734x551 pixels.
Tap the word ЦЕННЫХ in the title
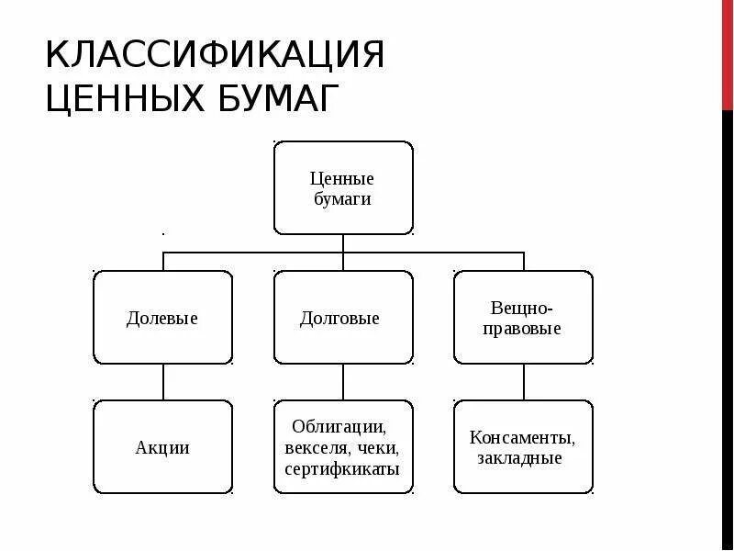pyautogui.click(x=117, y=99)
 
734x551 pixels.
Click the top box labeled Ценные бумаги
pyautogui.click(x=343, y=187)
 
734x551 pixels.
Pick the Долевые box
pyautogui.click(x=163, y=318)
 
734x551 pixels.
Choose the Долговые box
pyautogui.click(x=343, y=318)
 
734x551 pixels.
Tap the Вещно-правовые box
pyautogui.click(x=523, y=318)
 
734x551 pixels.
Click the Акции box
pyautogui.click(x=163, y=447)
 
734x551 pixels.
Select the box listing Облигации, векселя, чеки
pyautogui.click(x=343, y=447)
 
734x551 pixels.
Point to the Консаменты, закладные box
pyautogui.click(x=523, y=447)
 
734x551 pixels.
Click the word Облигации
pyautogui.click(x=339, y=427)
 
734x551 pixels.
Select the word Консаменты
pyautogui.click(x=522, y=437)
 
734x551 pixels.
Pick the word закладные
pyautogui.click(x=519, y=458)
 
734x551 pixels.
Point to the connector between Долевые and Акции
pyautogui.click(x=163, y=382)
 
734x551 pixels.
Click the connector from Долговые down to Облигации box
pyautogui.click(x=343, y=382)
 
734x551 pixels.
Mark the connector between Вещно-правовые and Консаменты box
pyautogui.click(x=523, y=382)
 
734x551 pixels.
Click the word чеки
pyautogui.click(x=379, y=448)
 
